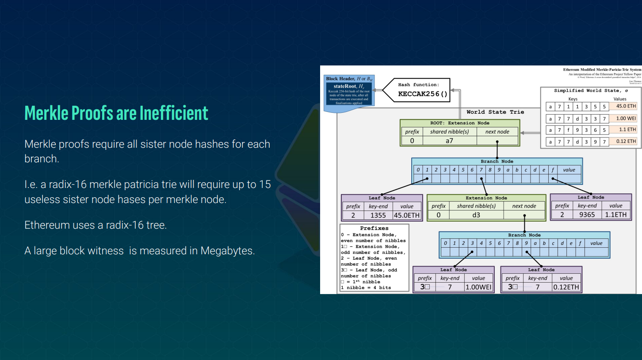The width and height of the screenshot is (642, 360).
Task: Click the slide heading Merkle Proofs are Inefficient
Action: click(x=116, y=113)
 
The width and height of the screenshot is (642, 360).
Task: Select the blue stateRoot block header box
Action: click(x=349, y=91)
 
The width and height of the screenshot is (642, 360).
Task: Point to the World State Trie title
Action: click(x=495, y=112)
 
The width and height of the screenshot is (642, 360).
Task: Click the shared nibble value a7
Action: click(x=449, y=141)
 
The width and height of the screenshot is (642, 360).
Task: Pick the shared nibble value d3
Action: click(x=476, y=215)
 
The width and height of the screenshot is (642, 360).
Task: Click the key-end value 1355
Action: click(x=378, y=215)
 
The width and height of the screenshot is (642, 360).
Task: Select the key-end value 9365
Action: click(x=587, y=214)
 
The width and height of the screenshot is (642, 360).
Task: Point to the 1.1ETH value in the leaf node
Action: click(x=615, y=214)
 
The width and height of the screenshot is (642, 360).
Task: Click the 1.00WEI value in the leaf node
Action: click(x=478, y=287)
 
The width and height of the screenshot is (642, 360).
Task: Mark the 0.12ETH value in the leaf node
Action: click(x=566, y=287)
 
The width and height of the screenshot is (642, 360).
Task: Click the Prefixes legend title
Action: click(x=374, y=228)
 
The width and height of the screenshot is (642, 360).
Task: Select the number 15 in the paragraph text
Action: click(x=265, y=184)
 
